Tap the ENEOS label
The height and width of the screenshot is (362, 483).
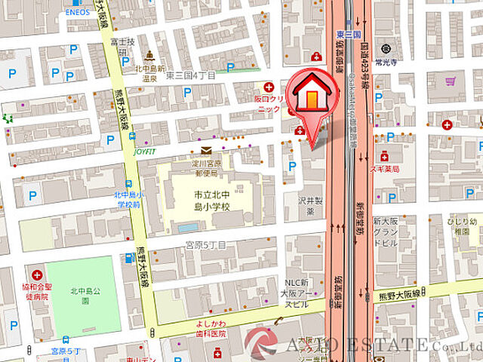(76, 11)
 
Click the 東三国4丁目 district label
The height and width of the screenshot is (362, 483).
(190, 76)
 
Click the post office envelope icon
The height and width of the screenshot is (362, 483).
(206, 151)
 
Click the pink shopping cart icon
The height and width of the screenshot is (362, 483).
(450, 81)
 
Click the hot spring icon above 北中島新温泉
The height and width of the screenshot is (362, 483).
(149, 57)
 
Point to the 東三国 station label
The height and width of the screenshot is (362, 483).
(350, 34)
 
